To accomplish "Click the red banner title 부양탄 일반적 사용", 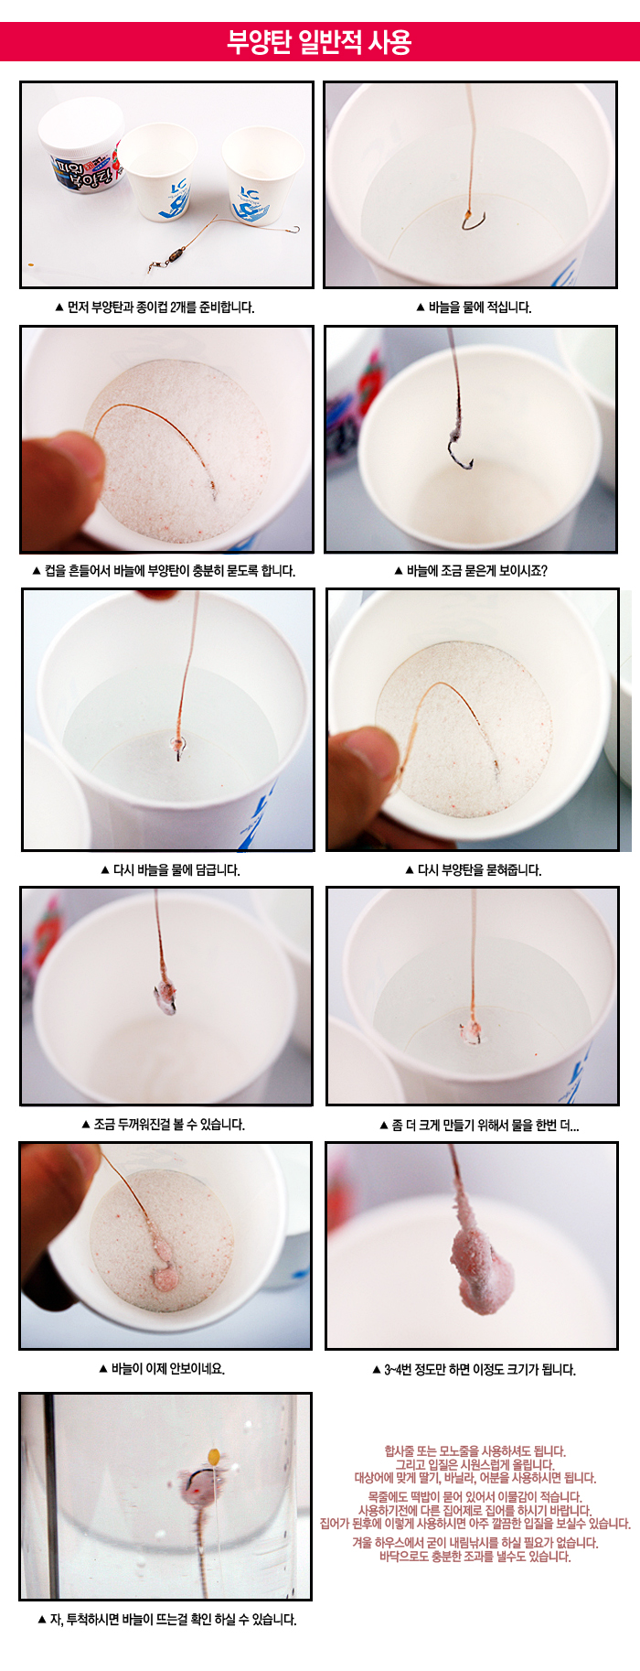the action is point(319,42).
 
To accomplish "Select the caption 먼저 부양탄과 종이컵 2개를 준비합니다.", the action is point(155,307).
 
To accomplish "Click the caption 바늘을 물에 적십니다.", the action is point(474,307).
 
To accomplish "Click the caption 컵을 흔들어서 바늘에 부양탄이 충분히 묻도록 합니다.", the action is point(164,571).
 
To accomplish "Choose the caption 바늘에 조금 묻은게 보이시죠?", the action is point(471,571).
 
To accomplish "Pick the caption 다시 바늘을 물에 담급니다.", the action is point(170,870).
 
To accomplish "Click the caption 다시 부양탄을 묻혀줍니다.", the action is point(474,870).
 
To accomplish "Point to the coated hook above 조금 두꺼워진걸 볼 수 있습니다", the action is point(167,996).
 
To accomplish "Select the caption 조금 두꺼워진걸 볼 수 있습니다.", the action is point(164,1125).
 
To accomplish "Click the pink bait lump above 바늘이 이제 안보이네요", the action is point(165,1276).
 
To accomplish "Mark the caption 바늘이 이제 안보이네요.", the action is point(162,1369).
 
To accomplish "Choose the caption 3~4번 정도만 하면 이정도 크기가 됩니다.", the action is point(474,1370).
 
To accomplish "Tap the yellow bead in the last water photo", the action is point(214,1456).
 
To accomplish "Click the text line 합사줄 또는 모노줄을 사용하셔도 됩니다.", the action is point(475,1451).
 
